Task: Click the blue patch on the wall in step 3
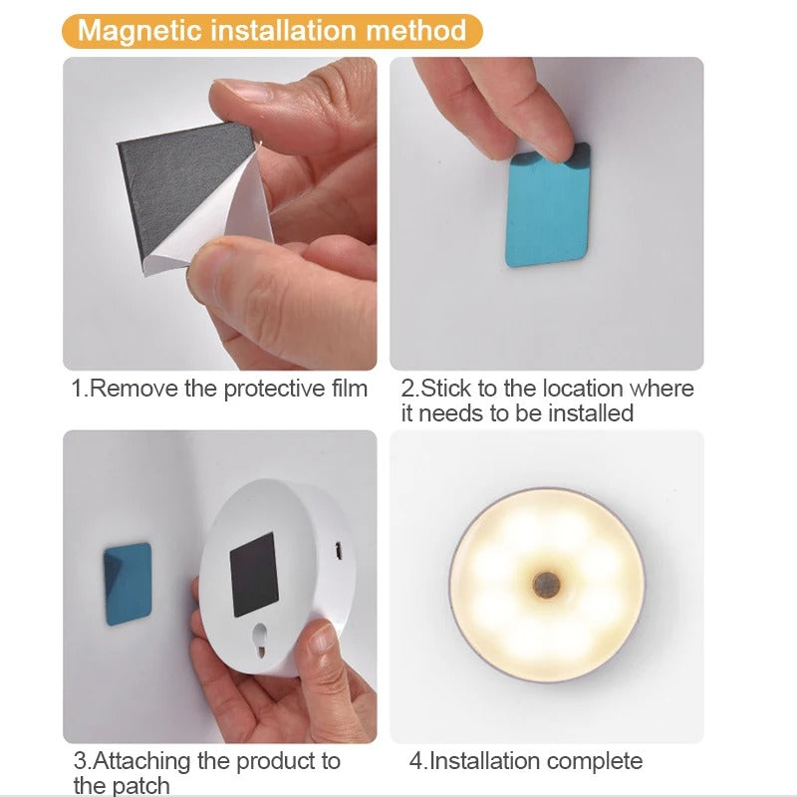129,584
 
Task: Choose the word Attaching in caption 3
140,761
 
